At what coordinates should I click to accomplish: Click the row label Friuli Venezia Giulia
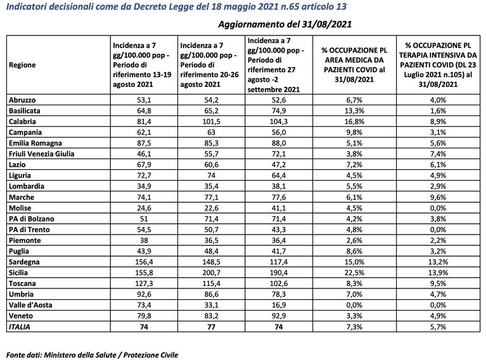42,154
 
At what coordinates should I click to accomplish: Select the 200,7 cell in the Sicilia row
211,273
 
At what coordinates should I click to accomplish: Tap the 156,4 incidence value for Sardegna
144,262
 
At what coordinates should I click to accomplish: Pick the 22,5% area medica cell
354,273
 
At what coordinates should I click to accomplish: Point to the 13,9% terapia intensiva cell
438,273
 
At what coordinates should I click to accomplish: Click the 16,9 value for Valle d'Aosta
279,305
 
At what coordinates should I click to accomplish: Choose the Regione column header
22,65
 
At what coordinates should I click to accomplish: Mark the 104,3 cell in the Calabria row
279,122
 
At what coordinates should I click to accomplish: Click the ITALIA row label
20,327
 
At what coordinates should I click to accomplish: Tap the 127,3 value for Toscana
144,284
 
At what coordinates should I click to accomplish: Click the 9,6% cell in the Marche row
438,197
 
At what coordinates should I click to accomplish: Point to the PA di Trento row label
29,229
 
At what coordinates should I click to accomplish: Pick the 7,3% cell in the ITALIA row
354,327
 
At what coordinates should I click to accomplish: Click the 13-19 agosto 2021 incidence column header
142,65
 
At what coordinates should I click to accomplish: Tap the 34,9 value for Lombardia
144,186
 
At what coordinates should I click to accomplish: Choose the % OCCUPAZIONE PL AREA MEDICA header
354,65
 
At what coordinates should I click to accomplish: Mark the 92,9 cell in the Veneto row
279,316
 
